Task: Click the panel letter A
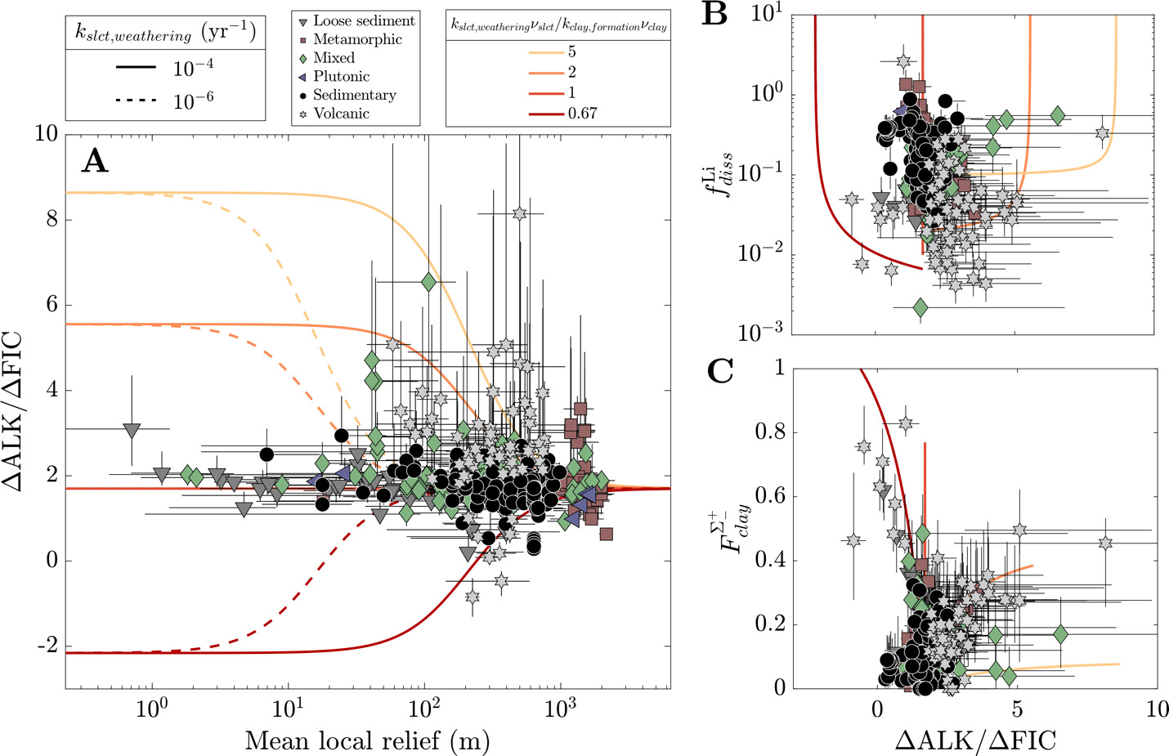pos(95,162)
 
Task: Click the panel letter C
pos(720,371)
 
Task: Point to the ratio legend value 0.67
pos(582,114)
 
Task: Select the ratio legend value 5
pos(571,52)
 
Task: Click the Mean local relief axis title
pos(367,740)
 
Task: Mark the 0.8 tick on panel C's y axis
pos(768,432)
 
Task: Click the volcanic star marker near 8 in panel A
pos(519,214)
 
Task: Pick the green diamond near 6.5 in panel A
pos(428,282)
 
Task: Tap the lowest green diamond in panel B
pos(920,307)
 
